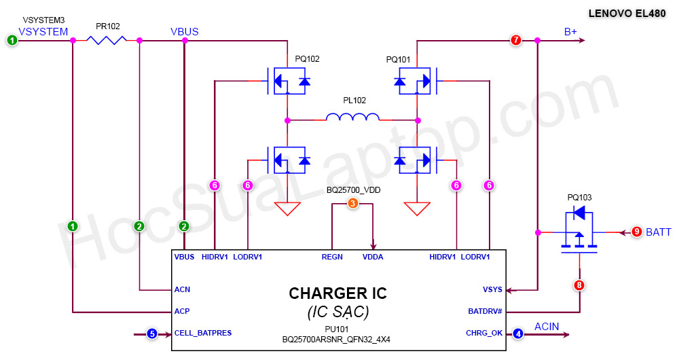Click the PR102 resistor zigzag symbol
click(107, 41)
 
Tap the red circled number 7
click(516, 41)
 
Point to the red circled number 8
click(579, 285)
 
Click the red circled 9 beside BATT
click(636, 232)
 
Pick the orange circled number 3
click(352, 203)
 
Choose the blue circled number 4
click(519, 334)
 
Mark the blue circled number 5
click(152, 334)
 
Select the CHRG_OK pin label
click(483, 334)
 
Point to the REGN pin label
click(332, 257)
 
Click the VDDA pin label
click(373, 257)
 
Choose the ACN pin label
click(182, 289)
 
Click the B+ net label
click(571, 32)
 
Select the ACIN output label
click(547, 327)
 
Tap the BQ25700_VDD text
click(353, 190)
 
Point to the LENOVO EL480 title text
click(627, 13)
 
